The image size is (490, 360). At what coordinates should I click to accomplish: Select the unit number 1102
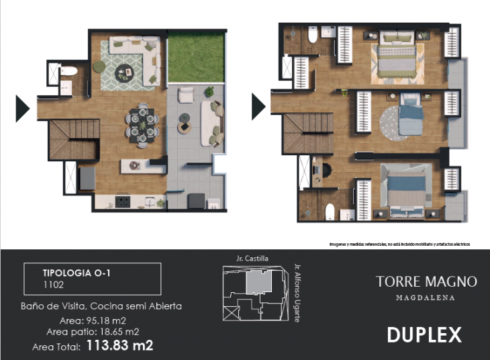54,285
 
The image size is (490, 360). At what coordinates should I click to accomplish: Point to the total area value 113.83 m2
119,346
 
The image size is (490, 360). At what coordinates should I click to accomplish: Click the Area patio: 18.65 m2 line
93,332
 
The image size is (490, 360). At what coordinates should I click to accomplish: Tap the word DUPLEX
424,334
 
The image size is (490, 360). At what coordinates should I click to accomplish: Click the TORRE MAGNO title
426,281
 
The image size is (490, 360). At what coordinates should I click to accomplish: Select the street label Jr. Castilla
252,258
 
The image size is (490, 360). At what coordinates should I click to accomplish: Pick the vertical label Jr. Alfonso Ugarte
297,291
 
